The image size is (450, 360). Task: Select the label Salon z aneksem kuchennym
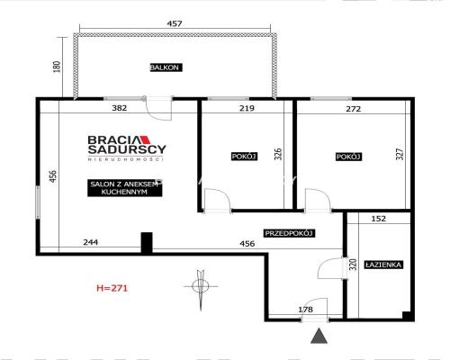pos(123,189)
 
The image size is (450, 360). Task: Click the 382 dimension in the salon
pos(119,108)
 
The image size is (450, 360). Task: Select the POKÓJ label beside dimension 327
pos(348,157)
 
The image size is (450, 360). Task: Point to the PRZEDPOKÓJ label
pos(288,233)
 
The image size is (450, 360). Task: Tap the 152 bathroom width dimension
pos(379,219)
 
